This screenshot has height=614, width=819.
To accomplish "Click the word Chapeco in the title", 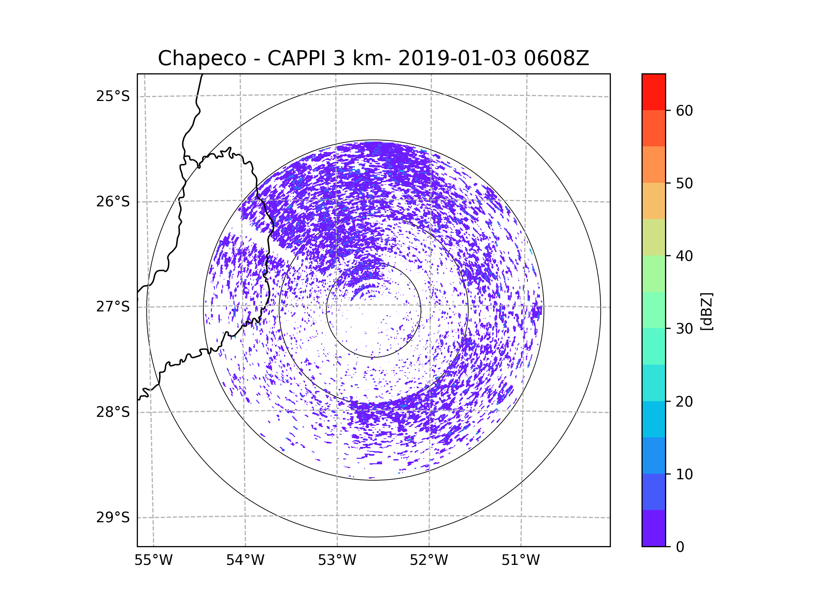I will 202,58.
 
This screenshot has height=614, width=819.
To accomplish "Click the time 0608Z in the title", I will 556,58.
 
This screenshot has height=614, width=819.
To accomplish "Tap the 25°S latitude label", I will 113,96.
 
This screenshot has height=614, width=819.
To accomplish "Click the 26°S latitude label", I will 113,202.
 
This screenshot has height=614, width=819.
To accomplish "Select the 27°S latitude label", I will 113,306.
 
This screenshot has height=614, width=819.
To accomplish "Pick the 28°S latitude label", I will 113,412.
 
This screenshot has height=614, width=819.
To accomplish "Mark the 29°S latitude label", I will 113,517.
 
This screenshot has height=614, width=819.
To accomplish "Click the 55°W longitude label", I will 153,560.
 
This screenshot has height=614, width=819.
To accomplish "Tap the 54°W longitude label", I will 245,560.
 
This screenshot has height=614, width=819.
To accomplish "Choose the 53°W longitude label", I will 337,560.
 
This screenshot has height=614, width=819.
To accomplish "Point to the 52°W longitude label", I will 429,560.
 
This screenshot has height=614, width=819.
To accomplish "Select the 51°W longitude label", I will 520,560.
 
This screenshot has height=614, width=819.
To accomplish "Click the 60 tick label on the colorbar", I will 684,111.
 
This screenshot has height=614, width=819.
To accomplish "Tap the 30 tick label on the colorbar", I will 684,328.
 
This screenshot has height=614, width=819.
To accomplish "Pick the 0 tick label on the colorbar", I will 680,547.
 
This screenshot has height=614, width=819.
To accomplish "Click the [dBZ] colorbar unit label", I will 706,311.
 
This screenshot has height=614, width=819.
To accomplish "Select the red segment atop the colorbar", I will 653,92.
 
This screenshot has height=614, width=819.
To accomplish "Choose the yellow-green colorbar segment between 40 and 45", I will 653,237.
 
